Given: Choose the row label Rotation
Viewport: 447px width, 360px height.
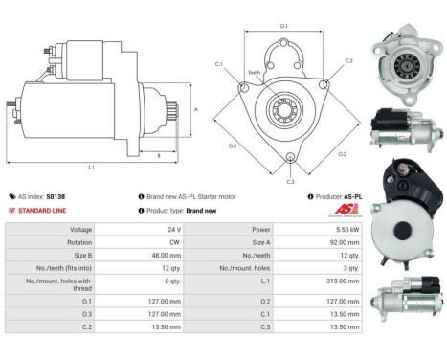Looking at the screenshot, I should (x=80, y=243).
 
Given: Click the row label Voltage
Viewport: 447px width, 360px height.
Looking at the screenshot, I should (x=81, y=230).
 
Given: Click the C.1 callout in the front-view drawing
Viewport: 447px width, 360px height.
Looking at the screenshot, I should (x=219, y=64).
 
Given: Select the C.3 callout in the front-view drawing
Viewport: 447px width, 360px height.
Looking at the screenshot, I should (x=290, y=180).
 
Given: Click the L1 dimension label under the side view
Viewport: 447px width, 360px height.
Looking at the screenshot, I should (x=91, y=168).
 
